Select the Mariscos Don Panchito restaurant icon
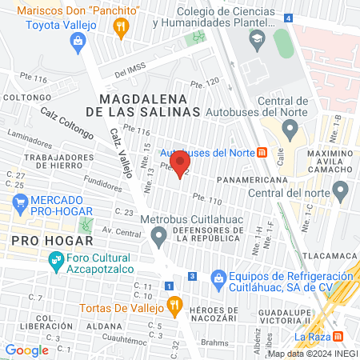(122, 29)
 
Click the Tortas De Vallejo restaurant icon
(173, 305)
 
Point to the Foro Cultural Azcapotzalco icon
(56, 259)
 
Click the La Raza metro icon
(338, 337)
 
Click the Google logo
(27, 350)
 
